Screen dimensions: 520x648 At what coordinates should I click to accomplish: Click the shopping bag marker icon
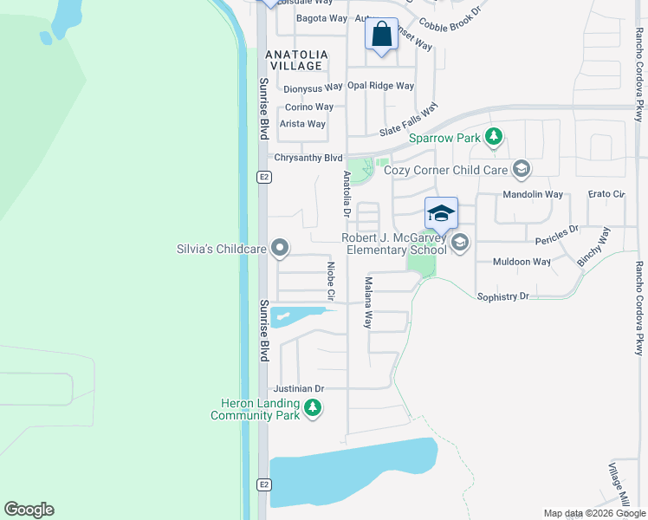pos(381,35)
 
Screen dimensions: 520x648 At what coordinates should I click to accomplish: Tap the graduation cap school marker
pos(441,213)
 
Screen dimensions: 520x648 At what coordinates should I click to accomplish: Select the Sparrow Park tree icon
pos(493,137)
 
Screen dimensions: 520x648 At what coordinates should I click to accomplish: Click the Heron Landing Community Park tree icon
pos(313,407)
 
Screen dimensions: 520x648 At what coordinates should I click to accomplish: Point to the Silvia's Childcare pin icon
pos(279,250)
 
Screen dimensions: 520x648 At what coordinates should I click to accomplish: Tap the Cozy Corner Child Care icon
pos(521,169)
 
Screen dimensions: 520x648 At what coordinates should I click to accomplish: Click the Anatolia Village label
pos(297,60)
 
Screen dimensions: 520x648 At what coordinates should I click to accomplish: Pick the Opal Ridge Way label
pos(380,86)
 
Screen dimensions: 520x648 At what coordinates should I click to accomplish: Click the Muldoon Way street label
pos(522,261)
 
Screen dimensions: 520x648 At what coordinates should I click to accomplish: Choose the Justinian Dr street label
pos(298,389)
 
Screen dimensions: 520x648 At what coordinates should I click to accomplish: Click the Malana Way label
pos(368,302)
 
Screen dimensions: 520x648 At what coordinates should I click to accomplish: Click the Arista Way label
pos(302,124)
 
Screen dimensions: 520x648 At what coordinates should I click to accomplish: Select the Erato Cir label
pos(606,194)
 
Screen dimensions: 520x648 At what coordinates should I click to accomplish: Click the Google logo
pos(29,510)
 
